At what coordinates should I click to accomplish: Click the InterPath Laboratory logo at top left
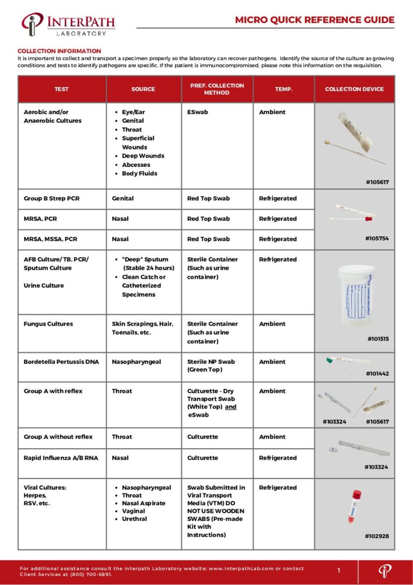pyautogui.click(x=68, y=25)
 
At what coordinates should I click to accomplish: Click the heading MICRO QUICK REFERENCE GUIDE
pyautogui.click(x=315, y=20)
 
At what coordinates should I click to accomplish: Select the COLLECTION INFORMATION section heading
pyautogui.click(x=52, y=51)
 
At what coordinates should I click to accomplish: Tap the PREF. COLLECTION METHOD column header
pyautogui.click(x=217, y=89)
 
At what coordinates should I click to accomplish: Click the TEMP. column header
pyautogui.click(x=283, y=89)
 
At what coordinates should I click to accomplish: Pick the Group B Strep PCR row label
pyautogui.click(x=52, y=199)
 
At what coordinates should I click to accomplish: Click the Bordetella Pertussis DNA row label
pyautogui.click(x=61, y=362)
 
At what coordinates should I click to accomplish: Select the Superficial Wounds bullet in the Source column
pyautogui.click(x=138, y=143)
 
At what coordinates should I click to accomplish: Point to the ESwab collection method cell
pyautogui.click(x=197, y=112)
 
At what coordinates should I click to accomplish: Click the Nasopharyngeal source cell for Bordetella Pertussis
pyautogui.click(x=136, y=362)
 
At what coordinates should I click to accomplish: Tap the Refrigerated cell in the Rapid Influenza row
pyautogui.click(x=277, y=458)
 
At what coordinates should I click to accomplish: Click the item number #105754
pyautogui.click(x=376, y=238)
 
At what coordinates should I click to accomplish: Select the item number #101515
pyautogui.click(x=378, y=339)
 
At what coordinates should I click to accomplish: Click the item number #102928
pyautogui.click(x=376, y=536)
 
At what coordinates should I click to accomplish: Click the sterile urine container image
pyautogui.click(x=354, y=295)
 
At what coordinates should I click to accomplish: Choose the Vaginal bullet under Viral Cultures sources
pyautogui.click(x=133, y=511)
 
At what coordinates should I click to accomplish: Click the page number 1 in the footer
pyautogui.click(x=339, y=570)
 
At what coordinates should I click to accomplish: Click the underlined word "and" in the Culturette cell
pyautogui.click(x=231, y=407)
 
